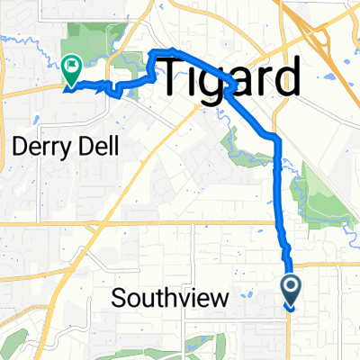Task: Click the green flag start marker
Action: point(70,66)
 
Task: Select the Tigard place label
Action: point(229,79)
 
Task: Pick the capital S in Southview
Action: point(120,299)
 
